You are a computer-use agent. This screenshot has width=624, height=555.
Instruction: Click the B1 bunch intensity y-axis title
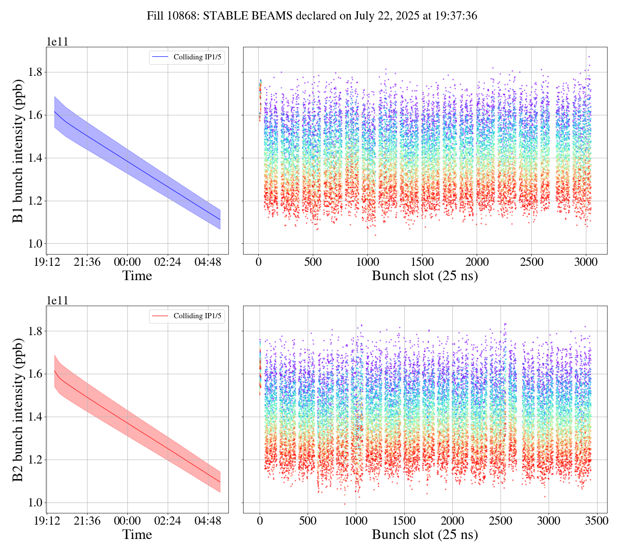pyautogui.click(x=18, y=151)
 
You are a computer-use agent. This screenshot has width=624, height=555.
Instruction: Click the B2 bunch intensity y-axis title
pyautogui.click(x=18, y=410)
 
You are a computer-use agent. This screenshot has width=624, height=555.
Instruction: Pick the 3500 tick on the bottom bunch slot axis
pyautogui.click(x=596, y=521)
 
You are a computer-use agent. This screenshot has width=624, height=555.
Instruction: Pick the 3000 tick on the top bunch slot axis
pyautogui.click(x=586, y=262)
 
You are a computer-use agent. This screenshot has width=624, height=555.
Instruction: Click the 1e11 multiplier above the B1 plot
pyautogui.click(x=57, y=42)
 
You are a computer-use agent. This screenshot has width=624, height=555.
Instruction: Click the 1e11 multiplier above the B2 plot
pyautogui.click(x=57, y=301)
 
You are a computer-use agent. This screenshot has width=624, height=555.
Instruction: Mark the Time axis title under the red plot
pyautogui.click(x=137, y=535)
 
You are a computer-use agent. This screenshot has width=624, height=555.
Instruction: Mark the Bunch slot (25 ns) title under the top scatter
pyautogui.click(x=425, y=276)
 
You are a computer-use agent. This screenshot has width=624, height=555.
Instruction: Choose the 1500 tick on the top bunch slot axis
pyautogui.click(x=422, y=262)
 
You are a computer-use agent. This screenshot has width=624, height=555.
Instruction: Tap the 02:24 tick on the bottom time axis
pyautogui.click(x=168, y=521)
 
